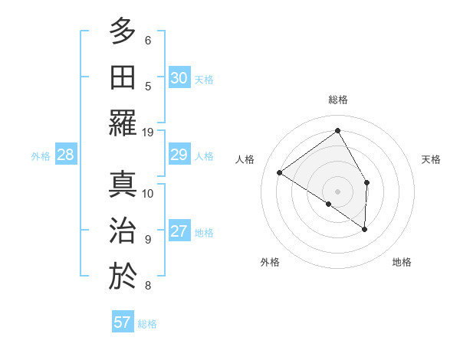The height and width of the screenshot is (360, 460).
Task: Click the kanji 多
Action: pos(123,31)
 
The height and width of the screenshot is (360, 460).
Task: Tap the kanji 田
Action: pos(123,77)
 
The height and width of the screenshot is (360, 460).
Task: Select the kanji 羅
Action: pos(123,123)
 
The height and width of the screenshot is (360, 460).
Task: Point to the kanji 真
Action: pos(123,184)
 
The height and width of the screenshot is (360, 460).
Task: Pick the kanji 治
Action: pos(123,230)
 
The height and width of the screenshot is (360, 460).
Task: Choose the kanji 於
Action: pos(123,276)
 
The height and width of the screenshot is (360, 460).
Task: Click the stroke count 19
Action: pos(148,132)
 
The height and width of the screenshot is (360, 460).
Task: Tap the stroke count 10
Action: pos(148,193)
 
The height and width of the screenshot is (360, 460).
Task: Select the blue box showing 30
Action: pos(179,78)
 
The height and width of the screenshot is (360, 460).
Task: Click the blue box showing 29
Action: pos(179,155)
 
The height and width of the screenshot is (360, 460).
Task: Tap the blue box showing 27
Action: pos(179,232)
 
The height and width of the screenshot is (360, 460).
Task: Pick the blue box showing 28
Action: pos(66,155)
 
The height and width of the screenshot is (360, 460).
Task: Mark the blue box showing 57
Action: pos(122,322)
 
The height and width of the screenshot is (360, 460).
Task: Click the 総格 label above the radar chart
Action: pos(337,100)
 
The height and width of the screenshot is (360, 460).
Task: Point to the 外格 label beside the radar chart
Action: pos(270,262)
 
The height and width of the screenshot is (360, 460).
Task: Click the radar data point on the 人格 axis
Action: pos(280,172)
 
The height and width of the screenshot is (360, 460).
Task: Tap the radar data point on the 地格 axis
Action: pos(365,229)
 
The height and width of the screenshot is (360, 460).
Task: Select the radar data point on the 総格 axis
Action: pos(337,130)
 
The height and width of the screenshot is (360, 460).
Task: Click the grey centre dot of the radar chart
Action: pos(337,190)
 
